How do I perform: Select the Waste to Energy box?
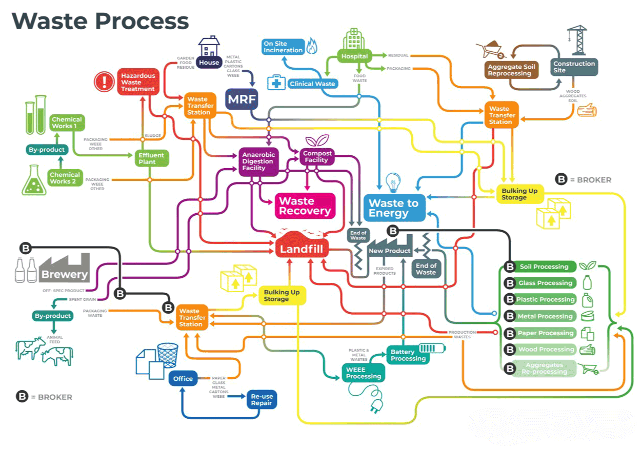(394, 208)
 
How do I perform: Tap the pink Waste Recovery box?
(305, 206)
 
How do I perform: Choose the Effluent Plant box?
(151, 158)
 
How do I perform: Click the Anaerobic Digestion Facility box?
(258, 161)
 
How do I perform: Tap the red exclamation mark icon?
(105, 82)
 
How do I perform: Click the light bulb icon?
(393, 182)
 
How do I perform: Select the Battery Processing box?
(408, 355)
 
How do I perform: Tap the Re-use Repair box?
(262, 399)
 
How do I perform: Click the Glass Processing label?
(545, 283)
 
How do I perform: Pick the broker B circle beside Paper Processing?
(509, 333)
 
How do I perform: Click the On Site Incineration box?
(283, 47)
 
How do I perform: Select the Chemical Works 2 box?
(65, 178)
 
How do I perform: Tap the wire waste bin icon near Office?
(167, 355)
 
